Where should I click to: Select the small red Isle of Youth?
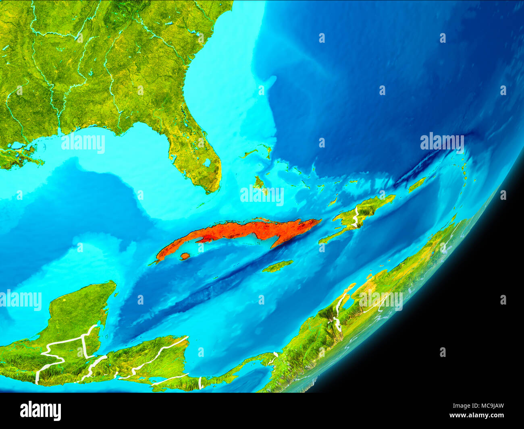(185, 256)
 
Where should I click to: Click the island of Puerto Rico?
(417, 184)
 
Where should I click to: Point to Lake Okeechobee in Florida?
(208, 163)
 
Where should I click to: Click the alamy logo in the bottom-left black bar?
(40, 411)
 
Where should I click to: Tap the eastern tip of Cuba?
(320, 220)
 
